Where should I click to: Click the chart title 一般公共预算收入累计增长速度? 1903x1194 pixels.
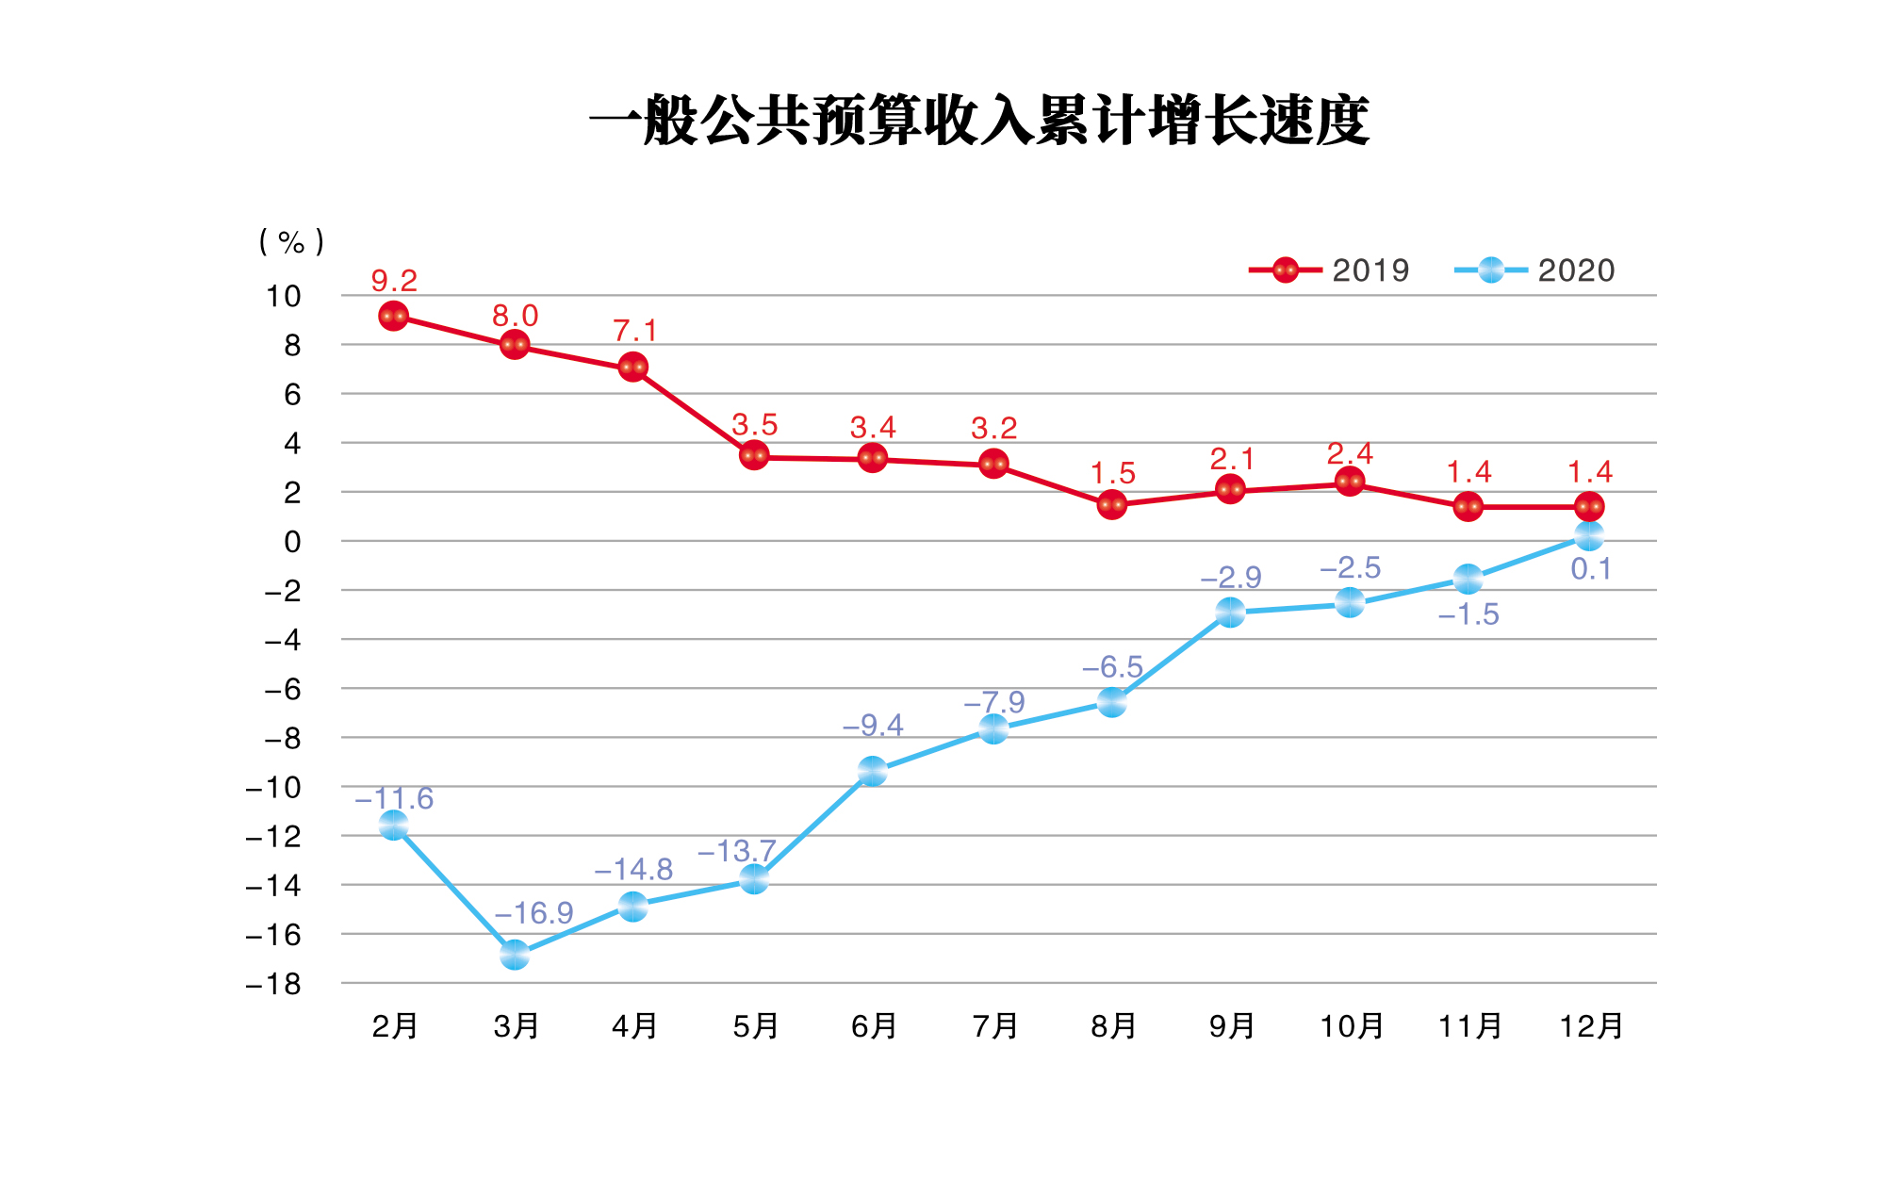979,121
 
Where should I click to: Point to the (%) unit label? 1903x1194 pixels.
291,242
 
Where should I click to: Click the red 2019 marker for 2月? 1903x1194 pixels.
393,316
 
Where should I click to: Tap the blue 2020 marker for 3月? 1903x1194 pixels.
514,955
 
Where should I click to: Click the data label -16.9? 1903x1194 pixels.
533,913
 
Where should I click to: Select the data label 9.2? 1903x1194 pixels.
394,281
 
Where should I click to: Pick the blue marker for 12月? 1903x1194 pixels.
1589,536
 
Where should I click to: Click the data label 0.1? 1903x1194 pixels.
1591,569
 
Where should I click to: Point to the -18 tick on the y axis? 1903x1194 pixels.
273,985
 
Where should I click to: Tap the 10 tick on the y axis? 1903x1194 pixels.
283,296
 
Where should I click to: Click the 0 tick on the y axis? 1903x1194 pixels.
292,542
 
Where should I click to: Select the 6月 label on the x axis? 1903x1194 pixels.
874,1025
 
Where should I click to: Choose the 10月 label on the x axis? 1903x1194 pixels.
1351,1025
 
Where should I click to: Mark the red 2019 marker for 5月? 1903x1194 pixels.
753,456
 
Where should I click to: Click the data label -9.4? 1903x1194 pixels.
873,726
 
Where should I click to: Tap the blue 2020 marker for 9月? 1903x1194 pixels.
1230,613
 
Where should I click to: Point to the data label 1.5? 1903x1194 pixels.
1112,473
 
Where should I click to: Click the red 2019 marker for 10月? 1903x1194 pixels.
1350,482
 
